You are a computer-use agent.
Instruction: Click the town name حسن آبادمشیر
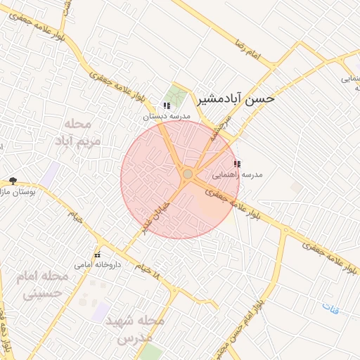click(235, 99)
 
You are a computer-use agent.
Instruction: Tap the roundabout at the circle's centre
click(187, 174)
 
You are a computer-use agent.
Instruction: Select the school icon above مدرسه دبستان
click(166, 105)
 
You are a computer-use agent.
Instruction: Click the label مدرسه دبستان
click(167, 116)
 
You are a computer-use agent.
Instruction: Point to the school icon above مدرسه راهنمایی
click(236, 163)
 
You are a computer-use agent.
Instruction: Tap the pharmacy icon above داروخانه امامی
click(98, 254)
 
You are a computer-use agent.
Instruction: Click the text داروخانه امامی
click(98, 265)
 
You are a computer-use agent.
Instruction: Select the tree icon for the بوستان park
click(13, 181)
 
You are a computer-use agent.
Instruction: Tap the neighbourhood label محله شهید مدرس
click(135, 330)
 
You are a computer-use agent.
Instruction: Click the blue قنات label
click(330, 307)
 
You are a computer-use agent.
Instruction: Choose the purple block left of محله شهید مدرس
click(100, 310)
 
